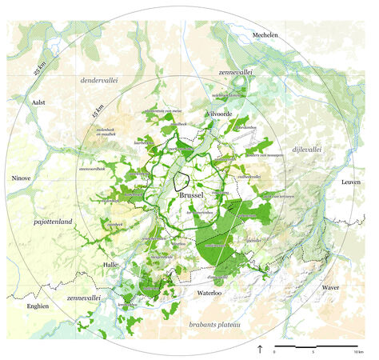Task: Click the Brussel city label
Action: pyautogui.click(x=193, y=194)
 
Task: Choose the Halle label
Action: pyautogui.click(x=111, y=264)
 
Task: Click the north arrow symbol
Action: pyautogui.click(x=259, y=350)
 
